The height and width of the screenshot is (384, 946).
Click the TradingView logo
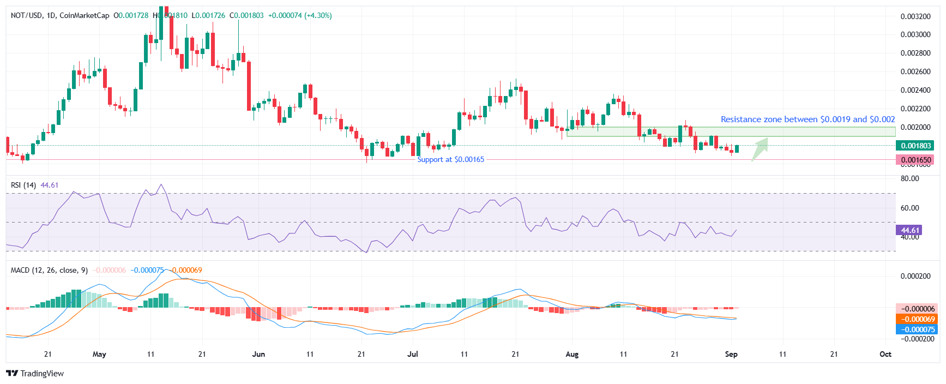click(35, 374)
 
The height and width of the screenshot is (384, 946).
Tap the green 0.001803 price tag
click(915, 146)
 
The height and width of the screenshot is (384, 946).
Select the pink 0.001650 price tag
click(915, 160)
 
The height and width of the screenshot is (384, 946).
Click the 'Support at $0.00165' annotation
click(450, 159)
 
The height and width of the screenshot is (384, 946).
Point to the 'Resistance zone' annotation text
click(808, 119)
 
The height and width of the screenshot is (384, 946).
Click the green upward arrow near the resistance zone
click(760, 149)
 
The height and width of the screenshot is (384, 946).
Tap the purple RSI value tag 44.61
click(908, 230)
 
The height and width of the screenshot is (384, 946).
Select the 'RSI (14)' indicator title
click(23, 185)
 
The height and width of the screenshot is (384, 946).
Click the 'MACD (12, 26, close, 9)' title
click(50, 270)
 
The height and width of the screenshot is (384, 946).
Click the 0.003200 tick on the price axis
click(915, 16)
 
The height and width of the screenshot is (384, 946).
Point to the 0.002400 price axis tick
click(915, 90)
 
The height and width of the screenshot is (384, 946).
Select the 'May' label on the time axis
click(99, 354)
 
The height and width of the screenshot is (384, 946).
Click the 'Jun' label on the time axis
click(258, 354)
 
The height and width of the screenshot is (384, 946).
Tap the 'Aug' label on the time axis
click(572, 354)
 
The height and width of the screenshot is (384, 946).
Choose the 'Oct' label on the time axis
click(885, 354)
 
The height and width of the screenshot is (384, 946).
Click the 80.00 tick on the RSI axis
click(910, 178)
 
